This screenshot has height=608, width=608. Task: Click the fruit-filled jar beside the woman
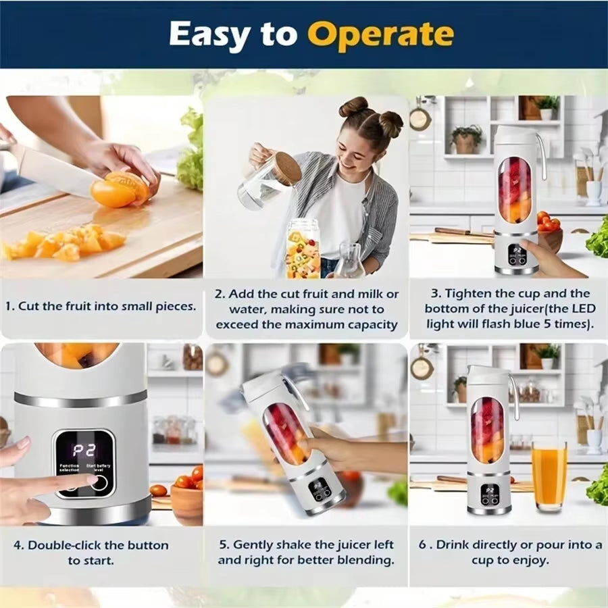[x=303, y=249]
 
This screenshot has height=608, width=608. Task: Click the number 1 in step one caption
[x=8, y=306]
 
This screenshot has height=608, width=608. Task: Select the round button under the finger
[x=99, y=482]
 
